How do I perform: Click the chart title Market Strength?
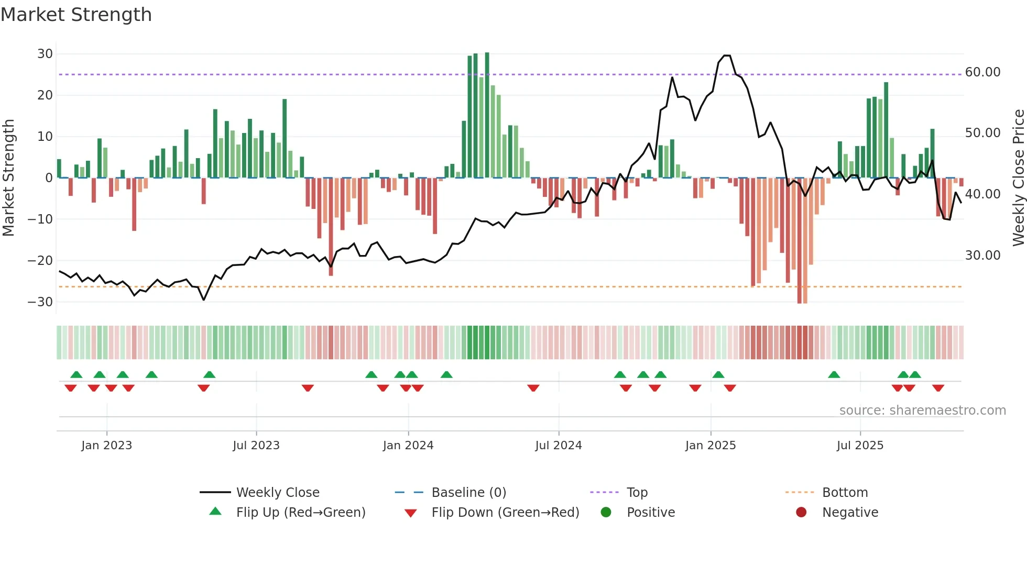click(x=76, y=15)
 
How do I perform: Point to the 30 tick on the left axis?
click(x=45, y=54)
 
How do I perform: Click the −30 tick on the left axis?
click(x=40, y=302)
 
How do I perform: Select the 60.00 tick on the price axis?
click(x=982, y=72)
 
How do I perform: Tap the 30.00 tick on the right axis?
click(x=982, y=256)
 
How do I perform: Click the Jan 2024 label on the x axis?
click(x=408, y=446)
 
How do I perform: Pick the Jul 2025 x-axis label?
click(x=860, y=446)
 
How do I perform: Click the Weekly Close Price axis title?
click(x=1018, y=178)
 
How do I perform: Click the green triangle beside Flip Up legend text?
click(x=215, y=512)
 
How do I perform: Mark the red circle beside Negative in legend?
click(x=801, y=512)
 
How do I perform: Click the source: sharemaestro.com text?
click(x=922, y=410)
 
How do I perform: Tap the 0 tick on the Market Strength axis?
click(x=49, y=178)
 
